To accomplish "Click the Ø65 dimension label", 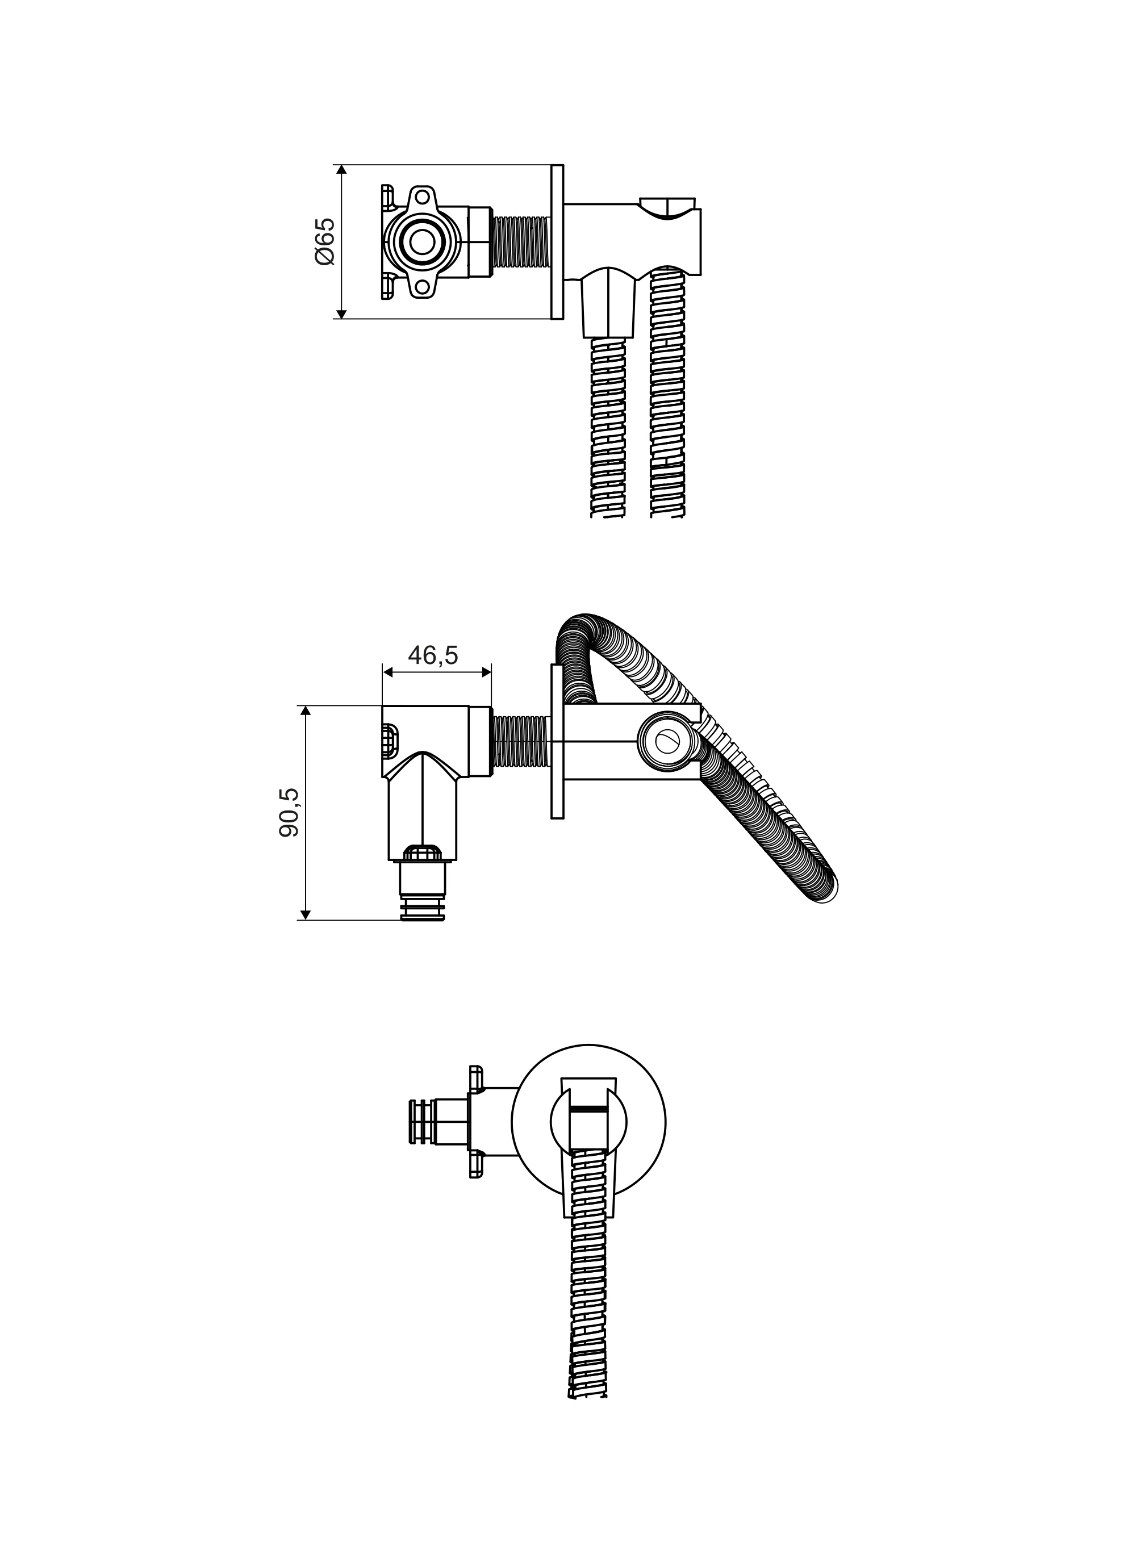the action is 324,241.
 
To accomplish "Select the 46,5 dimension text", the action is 433,655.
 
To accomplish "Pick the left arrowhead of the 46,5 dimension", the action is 388,671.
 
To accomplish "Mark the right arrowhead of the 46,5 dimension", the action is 485,671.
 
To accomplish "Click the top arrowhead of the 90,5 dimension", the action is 306,712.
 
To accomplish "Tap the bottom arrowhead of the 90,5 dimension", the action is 306,914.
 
